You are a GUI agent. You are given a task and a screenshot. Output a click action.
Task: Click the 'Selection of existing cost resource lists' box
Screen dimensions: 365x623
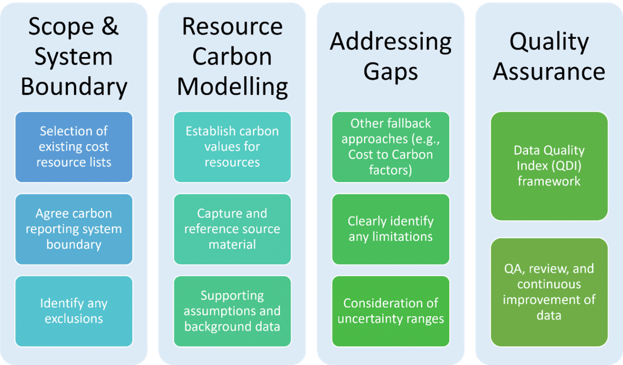click(x=73, y=147)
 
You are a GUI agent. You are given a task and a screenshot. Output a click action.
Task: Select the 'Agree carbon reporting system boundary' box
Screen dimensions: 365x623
click(x=73, y=229)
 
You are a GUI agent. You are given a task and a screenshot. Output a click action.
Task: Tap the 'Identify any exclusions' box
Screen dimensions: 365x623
click(x=73, y=311)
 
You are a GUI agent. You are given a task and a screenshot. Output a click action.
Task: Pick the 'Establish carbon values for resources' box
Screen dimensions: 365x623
click(x=232, y=147)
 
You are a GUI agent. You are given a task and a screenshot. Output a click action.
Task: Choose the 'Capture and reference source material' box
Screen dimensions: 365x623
click(x=232, y=229)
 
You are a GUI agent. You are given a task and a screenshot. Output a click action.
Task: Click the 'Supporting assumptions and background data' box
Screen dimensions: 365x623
click(x=232, y=311)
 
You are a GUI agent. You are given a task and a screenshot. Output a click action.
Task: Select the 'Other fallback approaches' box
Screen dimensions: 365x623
click(x=390, y=147)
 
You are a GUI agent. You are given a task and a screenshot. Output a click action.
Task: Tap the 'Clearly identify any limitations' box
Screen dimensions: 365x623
click(x=390, y=229)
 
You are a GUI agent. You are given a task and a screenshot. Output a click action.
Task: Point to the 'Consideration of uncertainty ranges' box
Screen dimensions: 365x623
click(x=390, y=311)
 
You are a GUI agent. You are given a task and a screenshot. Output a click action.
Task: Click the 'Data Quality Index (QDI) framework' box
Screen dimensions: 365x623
click(x=549, y=166)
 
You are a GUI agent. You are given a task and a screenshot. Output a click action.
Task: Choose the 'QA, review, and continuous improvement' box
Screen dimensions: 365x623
click(x=549, y=292)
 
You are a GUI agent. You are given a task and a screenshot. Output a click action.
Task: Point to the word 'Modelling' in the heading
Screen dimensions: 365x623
click(x=232, y=87)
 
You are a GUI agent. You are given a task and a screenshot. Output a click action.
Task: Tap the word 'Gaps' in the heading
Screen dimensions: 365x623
click(x=390, y=72)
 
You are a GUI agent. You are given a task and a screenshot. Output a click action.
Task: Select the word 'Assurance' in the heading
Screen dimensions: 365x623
click(x=549, y=72)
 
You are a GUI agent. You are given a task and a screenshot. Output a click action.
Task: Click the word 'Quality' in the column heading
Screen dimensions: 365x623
click(x=549, y=42)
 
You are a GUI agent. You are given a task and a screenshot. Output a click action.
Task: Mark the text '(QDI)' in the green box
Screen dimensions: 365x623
click(x=566, y=166)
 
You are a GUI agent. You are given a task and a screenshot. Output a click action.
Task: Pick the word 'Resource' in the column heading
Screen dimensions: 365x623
click(x=232, y=27)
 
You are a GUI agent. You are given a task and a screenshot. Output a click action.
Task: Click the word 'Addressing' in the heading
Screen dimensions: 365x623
click(x=390, y=42)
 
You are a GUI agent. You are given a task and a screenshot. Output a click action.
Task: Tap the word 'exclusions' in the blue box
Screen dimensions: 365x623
click(x=73, y=318)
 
